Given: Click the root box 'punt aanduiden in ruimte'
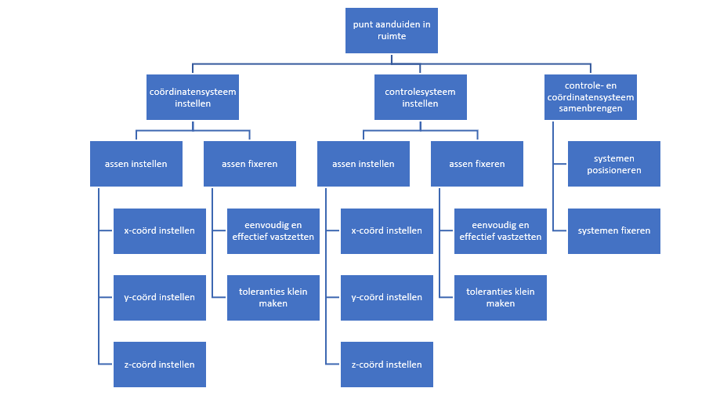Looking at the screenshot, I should click(x=391, y=31).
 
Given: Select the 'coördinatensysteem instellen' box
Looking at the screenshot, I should click(x=193, y=97).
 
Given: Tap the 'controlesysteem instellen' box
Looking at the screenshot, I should click(x=420, y=97).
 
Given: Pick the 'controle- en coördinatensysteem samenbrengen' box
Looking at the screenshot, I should click(x=590, y=97).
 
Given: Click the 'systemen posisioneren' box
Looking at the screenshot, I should click(x=613, y=164).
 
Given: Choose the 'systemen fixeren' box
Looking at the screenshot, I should click(x=613, y=230).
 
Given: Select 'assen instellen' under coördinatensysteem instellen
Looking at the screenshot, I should click(x=136, y=164).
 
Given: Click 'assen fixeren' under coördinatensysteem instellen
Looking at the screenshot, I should click(x=249, y=164).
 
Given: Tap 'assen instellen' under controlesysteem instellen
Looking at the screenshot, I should click(x=363, y=164).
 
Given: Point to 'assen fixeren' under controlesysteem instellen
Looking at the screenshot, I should click(x=476, y=164).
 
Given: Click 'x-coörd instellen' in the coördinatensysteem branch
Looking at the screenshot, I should click(x=159, y=230).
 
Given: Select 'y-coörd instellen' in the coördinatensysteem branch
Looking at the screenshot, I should click(x=159, y=297).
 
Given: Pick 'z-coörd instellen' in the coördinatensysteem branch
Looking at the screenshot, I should click(x=159, y=364).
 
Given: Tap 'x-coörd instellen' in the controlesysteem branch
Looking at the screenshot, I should click(x=386, y=230).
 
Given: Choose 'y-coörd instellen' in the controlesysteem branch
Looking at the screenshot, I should click(x=386, y=297).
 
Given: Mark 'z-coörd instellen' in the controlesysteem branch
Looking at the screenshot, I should click(x=386, y=364).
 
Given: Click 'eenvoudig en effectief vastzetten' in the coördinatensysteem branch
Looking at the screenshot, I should click(x=273, y=230).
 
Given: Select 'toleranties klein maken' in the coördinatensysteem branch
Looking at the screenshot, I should click(x=273, y=297).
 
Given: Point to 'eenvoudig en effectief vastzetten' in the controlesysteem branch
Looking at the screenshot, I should click(x=500, y=230).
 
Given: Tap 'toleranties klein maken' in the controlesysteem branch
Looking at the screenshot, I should click(x=500, y=297).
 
